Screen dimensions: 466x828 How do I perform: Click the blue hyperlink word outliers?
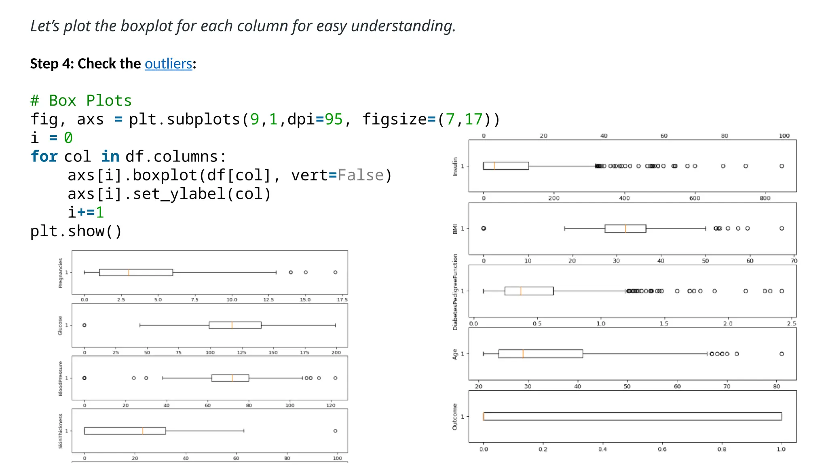[168, 64]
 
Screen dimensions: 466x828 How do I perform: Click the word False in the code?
[360, 175]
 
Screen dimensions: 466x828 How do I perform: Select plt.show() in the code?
[76, 231]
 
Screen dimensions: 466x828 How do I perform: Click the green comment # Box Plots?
[81, 100]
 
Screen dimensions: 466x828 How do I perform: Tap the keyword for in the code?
[44, 157]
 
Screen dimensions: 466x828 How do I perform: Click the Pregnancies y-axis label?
[61, 273]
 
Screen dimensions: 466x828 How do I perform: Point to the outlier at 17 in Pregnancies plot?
[335, 272]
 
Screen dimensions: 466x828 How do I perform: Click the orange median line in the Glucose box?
[232, 325]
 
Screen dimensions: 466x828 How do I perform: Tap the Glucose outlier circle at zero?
[84, 325]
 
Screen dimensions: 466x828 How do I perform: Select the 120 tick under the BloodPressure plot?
[331, 405]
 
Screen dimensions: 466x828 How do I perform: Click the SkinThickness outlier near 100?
[335, 431]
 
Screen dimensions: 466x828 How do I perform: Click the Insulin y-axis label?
[455, 166]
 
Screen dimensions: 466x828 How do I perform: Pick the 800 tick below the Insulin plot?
[765, 198]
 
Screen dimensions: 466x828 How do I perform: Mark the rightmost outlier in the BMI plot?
[782, 229]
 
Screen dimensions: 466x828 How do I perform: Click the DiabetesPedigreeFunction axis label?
[455, 292]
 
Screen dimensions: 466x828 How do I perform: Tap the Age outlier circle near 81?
[782, 354]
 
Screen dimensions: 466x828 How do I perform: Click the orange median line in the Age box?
[523, 354]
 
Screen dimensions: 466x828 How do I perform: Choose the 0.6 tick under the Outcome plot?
[662, 449]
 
